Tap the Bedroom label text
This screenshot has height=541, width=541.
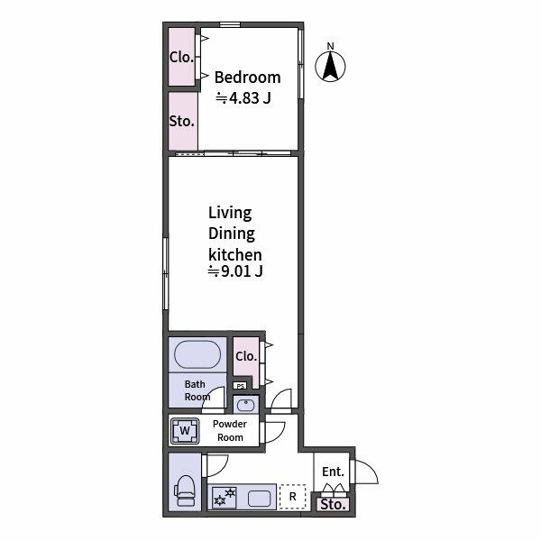point(246,78)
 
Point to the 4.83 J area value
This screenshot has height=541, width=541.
point(243,98)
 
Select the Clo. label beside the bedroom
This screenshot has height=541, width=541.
point(180,57)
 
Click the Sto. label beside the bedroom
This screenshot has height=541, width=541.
point(181,120)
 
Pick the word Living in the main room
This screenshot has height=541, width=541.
point(230,213)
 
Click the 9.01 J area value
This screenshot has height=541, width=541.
point(235,270)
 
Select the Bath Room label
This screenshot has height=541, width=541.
point(197,390)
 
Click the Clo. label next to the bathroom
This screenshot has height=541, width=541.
point(245,356)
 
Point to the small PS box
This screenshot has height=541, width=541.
point(240,387)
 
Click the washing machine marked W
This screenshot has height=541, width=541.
point(185,431)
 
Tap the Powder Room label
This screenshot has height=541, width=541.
point(230,430)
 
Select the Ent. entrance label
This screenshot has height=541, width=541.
point(332,472)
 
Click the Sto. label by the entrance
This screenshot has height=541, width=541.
point(333,505)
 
